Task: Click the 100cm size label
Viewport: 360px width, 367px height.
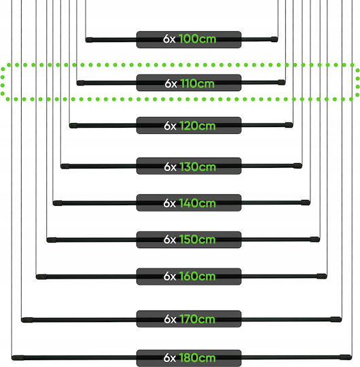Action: [x=189, y=39]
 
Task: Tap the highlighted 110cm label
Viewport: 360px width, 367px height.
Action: [x=189, y=83]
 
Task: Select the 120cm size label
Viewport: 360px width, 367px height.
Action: [x=189, y=126]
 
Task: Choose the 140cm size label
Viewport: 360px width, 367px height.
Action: [x=189, y=203]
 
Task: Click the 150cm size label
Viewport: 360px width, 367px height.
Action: [x=189, y=240]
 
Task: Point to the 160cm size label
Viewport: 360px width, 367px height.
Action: [x=189, y=277]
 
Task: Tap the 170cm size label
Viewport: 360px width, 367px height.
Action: [x=189, y=319]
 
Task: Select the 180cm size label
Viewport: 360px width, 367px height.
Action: [x=189, y=358]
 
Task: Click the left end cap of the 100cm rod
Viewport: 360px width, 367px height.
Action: [x=89, y=40]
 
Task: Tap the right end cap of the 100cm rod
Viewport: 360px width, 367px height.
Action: [x=274, y=39]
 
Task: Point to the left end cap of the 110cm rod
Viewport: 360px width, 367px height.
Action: [x=81, y=83]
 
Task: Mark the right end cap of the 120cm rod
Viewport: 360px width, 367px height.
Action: [x=289, y=125]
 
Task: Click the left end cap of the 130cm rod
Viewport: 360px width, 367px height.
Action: [x=65, y=167]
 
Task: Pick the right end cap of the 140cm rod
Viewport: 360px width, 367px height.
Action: [x=306, y=203]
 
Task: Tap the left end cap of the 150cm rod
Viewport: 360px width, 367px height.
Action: [x=52, y=240]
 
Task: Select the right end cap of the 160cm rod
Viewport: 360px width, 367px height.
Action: [x=322, y=276]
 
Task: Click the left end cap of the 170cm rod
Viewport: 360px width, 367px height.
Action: [x=27, y=320]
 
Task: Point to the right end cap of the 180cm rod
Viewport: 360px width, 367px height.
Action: [x=346, y=357]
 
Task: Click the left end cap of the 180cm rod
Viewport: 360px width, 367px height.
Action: [x=18, y=357]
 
